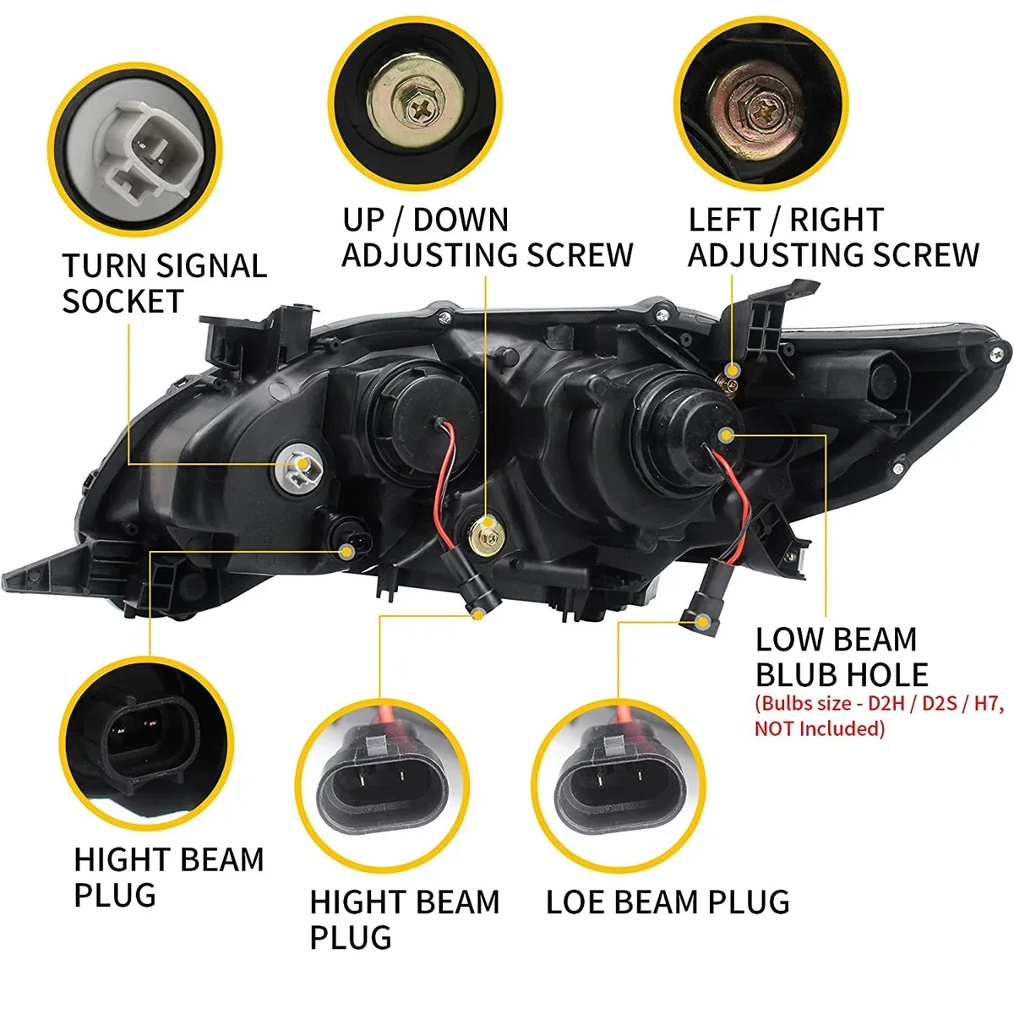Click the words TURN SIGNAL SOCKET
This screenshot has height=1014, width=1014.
click(x=164, y=283)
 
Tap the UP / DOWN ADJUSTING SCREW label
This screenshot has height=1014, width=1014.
click(x=487, y=237)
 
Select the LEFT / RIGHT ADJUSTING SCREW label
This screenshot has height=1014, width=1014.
click(x=832, y=237)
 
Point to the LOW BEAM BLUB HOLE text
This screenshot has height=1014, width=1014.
click(x=841, y=657)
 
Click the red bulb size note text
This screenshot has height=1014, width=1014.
click(x=879, y=715)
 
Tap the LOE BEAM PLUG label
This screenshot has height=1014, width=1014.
click(x=668, y=902)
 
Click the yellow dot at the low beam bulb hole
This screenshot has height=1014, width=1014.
click(x=725, y=434)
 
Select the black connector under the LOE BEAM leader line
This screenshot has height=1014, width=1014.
click(x=701, y=611)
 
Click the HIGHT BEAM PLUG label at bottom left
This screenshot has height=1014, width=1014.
click(x=168, y=877)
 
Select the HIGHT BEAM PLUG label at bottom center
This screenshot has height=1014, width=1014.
click(x=404, y=919)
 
